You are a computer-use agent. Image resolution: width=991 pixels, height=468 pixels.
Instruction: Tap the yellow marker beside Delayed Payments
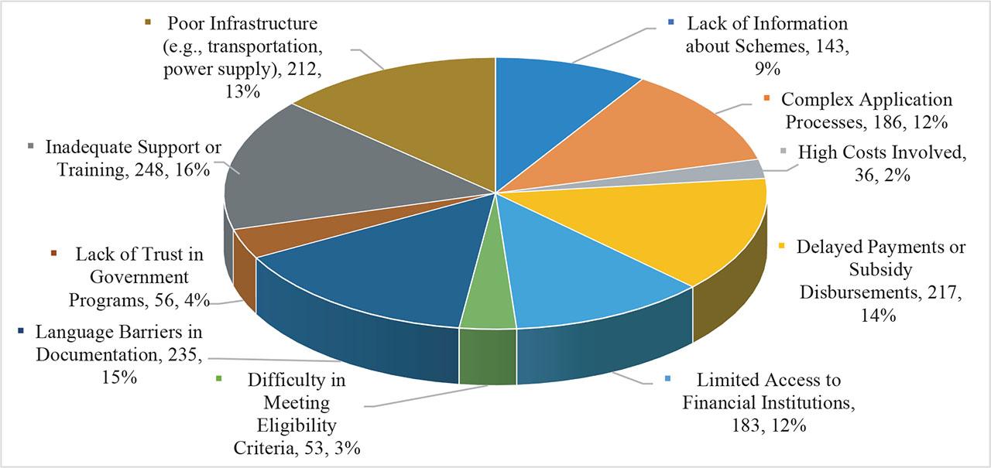coord(781,247)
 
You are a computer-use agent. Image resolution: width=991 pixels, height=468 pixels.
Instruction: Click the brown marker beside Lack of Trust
coord(53,254)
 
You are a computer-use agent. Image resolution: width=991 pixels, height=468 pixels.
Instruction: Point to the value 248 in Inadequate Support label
coord(149,170)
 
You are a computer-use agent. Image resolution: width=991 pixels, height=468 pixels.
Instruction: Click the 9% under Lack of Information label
coord(767,69)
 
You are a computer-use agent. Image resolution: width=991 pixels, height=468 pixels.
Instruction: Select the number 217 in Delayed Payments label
coord(944,292)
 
